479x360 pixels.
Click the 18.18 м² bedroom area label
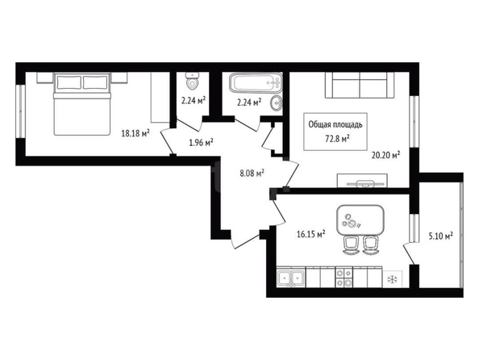tap(135, 133)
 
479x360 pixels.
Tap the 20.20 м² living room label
tap(385, 155)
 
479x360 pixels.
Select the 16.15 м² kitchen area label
tap(310, 234)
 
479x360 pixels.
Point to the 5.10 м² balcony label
tap(440, 236)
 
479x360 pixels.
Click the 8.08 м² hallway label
tap(252, 174)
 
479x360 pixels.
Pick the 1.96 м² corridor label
tap(201, 142)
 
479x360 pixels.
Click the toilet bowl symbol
tap(192, 81)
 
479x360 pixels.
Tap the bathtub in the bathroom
tap(256, 82)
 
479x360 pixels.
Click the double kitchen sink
tap(291, 278)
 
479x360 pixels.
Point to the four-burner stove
tap(344, 278)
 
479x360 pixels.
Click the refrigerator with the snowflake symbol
tap(393, 279)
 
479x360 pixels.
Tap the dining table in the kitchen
tap(360, 220)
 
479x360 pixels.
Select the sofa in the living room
tap(360, 85)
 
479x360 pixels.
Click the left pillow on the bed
tap(69, 82)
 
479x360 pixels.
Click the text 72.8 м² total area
tap(337, 139)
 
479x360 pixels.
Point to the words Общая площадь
tap(335, 125)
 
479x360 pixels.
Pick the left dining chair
tap(351, 245)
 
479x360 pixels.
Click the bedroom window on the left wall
tap(20, 111)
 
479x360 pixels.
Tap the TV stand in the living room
tap(362, 181)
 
